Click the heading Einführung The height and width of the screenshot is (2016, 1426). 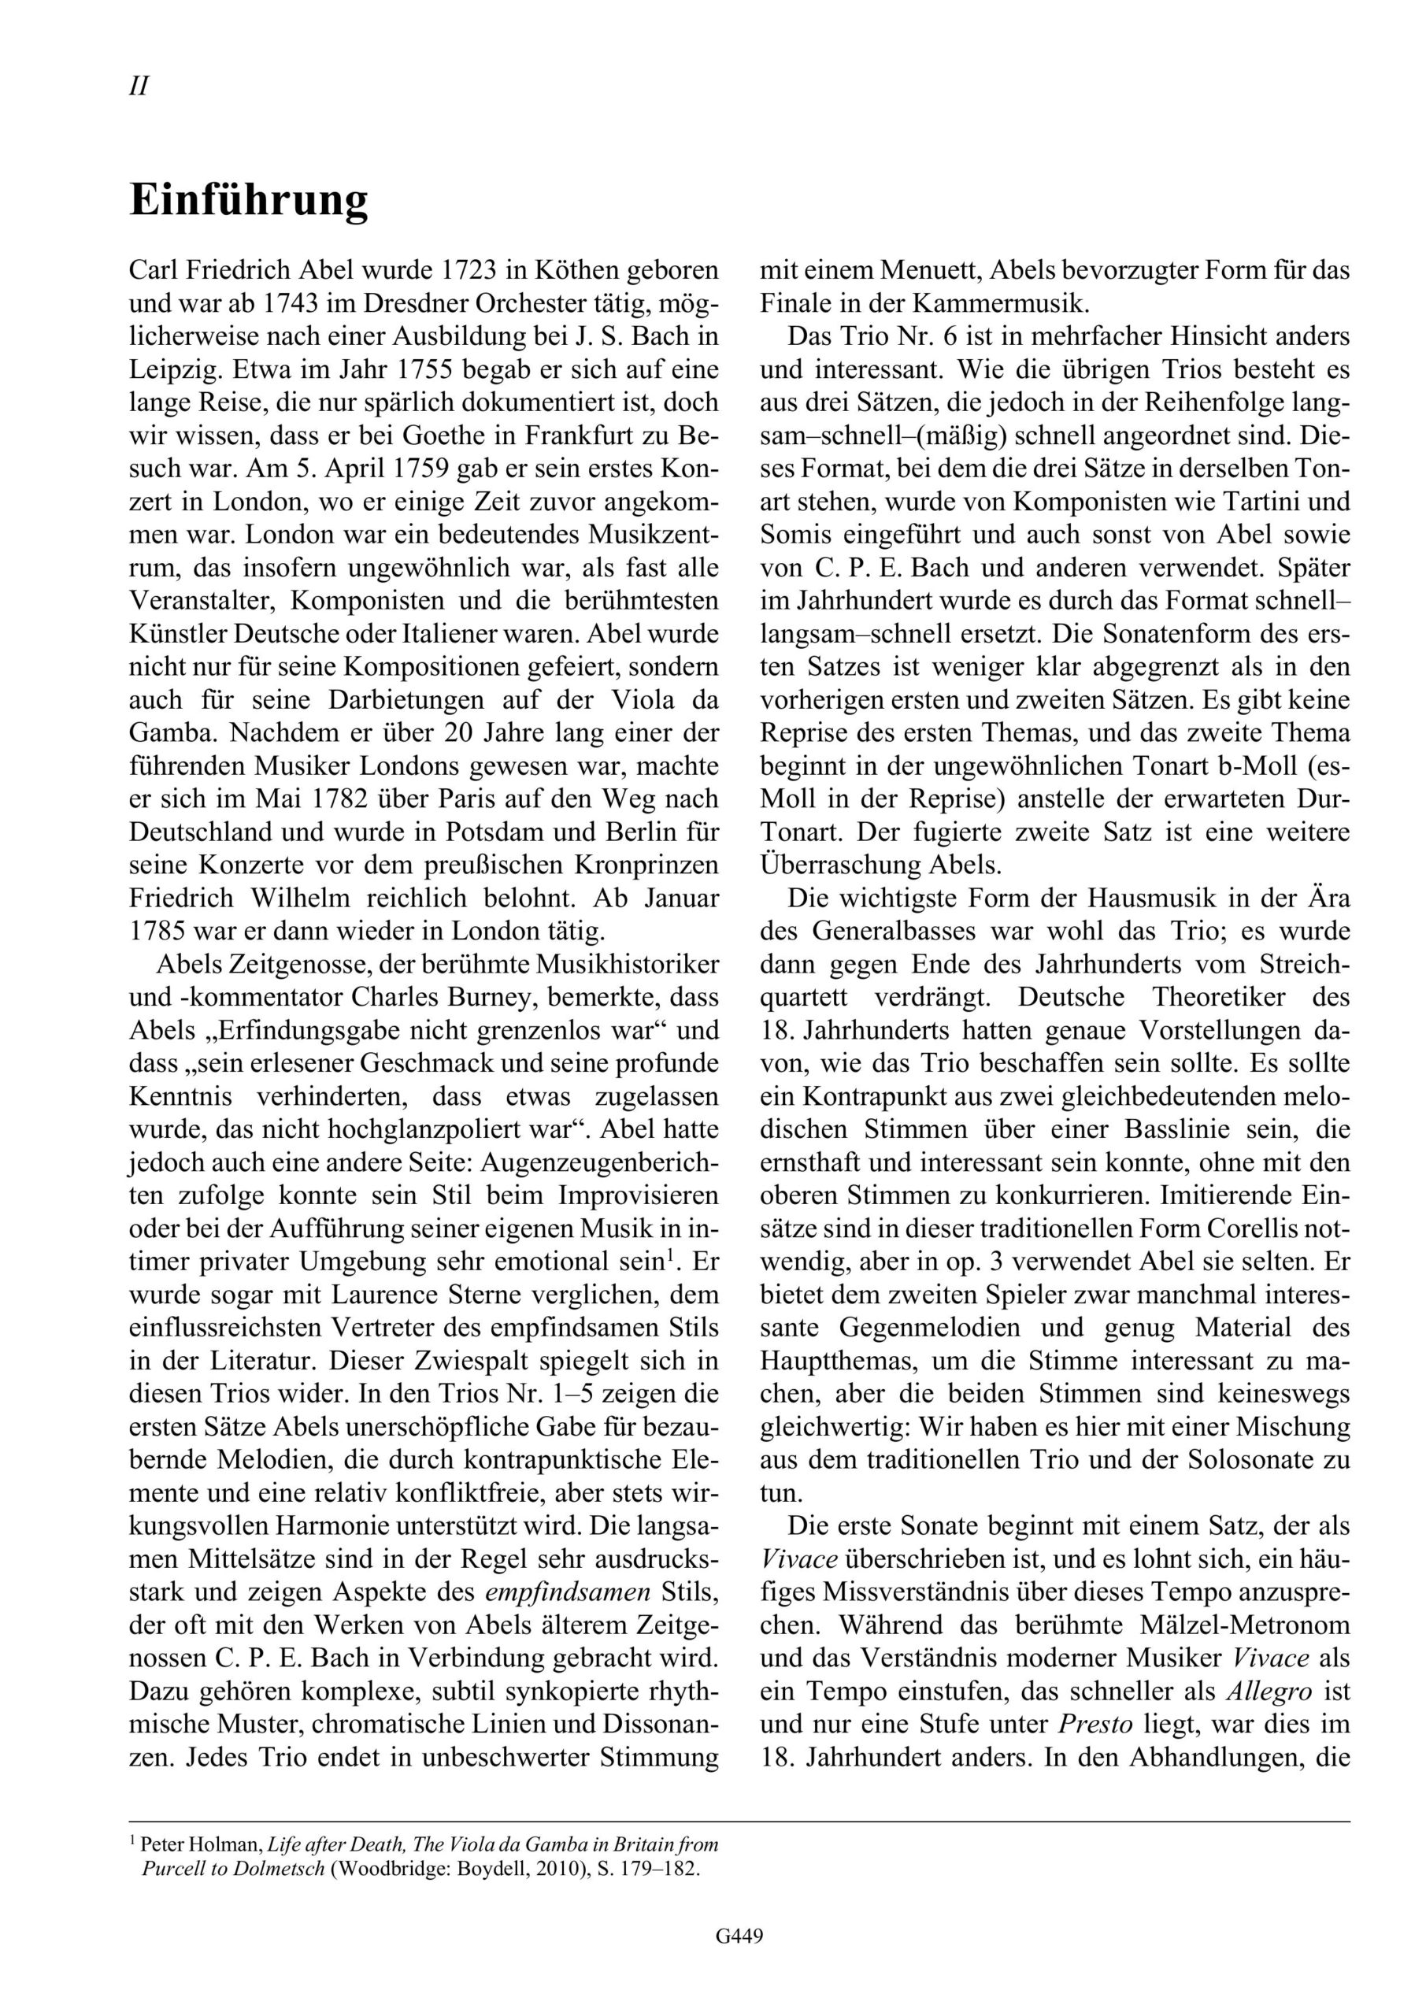[x=249, y=200]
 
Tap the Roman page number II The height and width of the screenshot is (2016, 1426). [x=139, y=86]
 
